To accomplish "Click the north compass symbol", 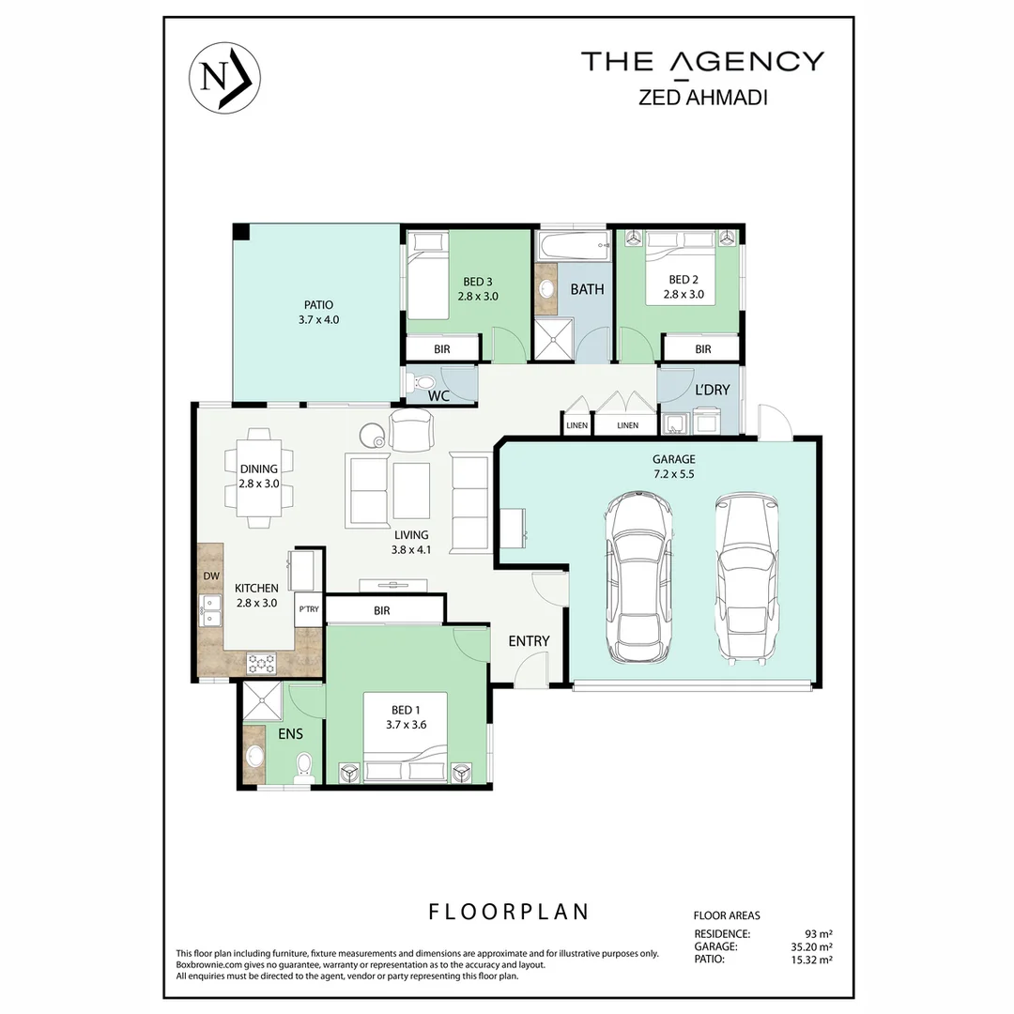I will click(224, 76).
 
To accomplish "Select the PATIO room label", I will click(318, 312).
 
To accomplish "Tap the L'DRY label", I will click(712, 390).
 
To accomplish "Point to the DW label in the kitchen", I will click(210, 576).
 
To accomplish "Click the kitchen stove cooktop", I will click(262, 663).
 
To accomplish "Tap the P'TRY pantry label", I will click(308, 608).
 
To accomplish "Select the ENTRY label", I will click(529, 641).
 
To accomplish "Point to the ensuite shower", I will click(263, 699).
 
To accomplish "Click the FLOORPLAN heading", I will click(509, 911).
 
